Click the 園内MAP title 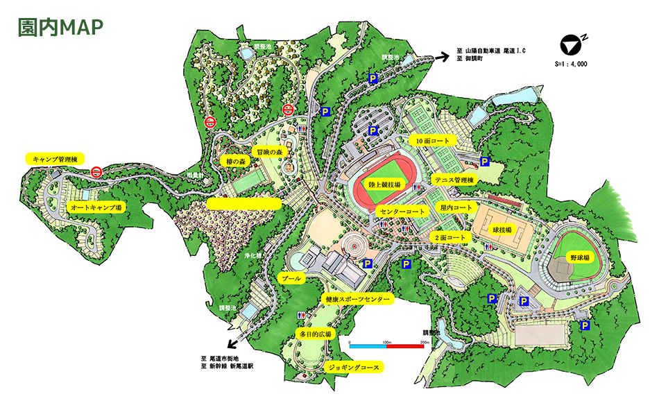click(61, 26)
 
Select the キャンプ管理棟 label click(55, 159)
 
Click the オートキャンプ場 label click(95, 207)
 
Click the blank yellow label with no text click(244, 204)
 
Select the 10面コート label click(432, 141)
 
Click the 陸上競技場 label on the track click(384, 185)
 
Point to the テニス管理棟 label click(454, 180)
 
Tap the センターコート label click(402, 210)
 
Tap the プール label click(291, 278)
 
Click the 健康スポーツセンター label click(357, 300)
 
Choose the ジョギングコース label click(354, 367)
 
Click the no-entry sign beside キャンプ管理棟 click(97, 171)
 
